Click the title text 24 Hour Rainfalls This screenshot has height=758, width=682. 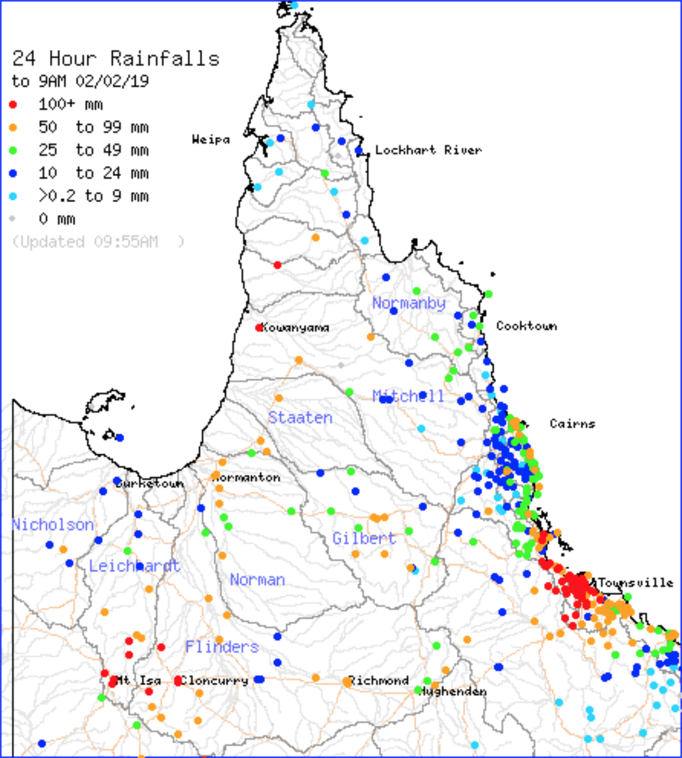(x=116, y=58)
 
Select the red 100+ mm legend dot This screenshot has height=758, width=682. (x=13, y=105)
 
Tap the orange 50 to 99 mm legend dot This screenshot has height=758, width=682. (x=13, y=127)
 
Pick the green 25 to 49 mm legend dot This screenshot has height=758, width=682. (x=13, y=150)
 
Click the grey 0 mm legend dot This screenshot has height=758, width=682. (x=13, y=219)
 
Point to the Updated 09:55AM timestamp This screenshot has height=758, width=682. (x=98, y=242)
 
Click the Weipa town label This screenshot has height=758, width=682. (x=211, y=140)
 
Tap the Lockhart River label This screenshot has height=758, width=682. (x=428, y=150)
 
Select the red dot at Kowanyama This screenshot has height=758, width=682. (x=259, y=328)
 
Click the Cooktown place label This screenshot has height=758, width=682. (x=526, y=325)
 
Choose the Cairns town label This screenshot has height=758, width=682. (x=572, y=424)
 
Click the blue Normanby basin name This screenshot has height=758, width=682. (x=408, y=303)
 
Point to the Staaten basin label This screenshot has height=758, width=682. (x=300, y=418)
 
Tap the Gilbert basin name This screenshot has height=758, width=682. (x=364, y=538)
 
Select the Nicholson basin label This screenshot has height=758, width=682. (x=53, y=525)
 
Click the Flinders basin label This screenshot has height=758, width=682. (x=222, y=647)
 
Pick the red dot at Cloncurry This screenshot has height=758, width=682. (x=178, y=681)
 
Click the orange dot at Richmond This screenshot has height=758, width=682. (x=347, y=682)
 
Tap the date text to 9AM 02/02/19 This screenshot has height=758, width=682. (x=80, y=81)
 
